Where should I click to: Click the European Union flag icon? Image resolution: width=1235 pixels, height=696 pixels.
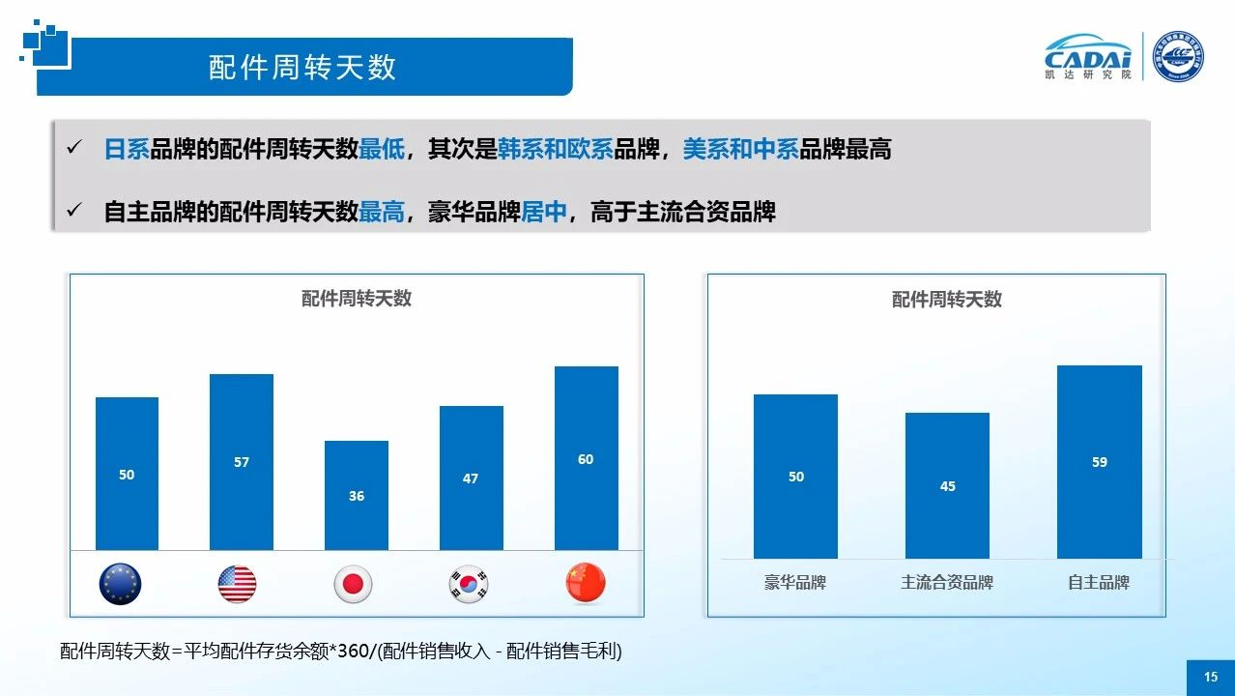pyautogui.click(x=120, y=584)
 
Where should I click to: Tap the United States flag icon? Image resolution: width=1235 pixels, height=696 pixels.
pyautogui.click(x=237, y=584)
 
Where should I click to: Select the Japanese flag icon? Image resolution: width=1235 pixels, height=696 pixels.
pyautogui.click(x=353, y=584)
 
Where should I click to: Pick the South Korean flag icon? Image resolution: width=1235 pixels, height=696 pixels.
pyautogui.click(x=469, y=584)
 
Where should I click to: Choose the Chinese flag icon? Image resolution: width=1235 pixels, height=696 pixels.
pyautogui.click(x=586, y=584)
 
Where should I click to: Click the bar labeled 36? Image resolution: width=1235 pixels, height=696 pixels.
pyautogui.click(x=357, y=495)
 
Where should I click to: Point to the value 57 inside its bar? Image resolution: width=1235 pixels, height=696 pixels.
pyautogui.click(x=242, y=462)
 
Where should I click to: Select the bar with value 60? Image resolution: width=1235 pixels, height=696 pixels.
pyautogui.click(x=586, y=458)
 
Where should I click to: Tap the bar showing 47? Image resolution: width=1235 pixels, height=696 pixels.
pyautogui.click(x=471, y=478)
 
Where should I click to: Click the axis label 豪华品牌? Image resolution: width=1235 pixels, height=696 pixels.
pyautogui.click(x=795, y=583)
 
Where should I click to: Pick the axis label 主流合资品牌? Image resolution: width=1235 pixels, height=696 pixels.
pyautogui.click(x=947, y=583)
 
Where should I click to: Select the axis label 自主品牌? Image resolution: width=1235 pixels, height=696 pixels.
pyautogui.click(x=1099, y=583)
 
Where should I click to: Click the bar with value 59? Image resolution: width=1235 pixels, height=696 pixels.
pyautogui.click(x=1100, y=462)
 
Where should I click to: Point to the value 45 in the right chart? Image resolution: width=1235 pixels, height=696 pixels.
pyautogui.click(x=948, y=486)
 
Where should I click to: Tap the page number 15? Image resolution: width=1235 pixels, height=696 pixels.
pyautogui.click(x=1211, y=678)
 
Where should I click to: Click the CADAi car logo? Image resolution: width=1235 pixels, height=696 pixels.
pyautogui.click(x=1088, y=56)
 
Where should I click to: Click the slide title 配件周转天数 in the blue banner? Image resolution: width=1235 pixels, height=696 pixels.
pyautogui.click(x=302, y=67)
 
